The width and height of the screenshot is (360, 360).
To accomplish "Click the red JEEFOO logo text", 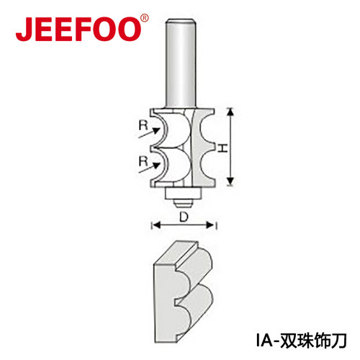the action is pyautogui.click(x=78, y=30).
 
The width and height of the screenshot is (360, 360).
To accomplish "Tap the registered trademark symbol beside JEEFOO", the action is pyautogui.click(x=144, y=18).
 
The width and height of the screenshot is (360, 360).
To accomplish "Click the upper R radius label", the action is pyautogui.click(x=143, y=126).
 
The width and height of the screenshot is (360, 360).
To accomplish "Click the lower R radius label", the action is pyautogui.click(x=143, y=161).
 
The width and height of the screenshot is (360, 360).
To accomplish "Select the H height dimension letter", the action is pyautogui.click(x=222, y=148).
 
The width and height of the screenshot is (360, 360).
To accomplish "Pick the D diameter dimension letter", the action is pyautogui.click(x=184, y=217).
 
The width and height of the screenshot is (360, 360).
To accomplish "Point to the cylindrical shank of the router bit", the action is pyautogui.click(x=181, y=63).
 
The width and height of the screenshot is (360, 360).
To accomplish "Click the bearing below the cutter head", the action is pyautogui.click(x=183, y=194).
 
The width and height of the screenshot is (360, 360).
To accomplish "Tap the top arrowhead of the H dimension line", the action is pyautogui.click(x=230, y=112).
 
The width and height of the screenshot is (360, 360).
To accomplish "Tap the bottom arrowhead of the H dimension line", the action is pyautogui.click(x=230, y=181).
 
